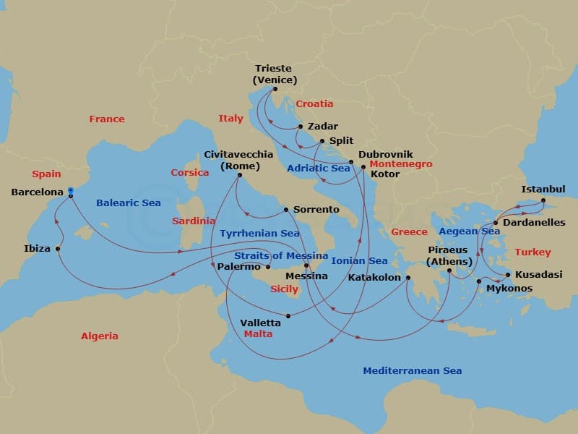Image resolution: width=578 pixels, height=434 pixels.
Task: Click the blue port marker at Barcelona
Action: (x=71, y=192)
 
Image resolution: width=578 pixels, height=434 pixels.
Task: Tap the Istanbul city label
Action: (x=543, y=190)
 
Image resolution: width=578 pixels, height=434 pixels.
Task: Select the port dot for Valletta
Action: (x=288, y=315)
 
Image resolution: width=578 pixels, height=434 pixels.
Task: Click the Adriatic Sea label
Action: (x=319, y=168)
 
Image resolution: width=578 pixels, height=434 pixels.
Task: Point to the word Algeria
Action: (x=100, y=336)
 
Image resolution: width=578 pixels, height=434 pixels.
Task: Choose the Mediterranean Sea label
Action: (x=412, y=370)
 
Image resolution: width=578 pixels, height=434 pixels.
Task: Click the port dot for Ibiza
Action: (x=58, y=248)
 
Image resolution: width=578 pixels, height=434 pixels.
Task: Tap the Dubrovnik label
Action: (x=385, y=154)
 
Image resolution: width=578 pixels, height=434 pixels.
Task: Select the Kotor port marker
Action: (x=363, y=167)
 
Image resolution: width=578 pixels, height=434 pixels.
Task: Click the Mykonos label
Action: (x=509, y=288)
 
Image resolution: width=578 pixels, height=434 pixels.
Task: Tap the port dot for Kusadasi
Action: (x=508, y=275)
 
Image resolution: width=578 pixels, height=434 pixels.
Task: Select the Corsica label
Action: (x=189, y=172)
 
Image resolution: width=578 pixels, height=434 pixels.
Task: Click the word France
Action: (x=107, y=119)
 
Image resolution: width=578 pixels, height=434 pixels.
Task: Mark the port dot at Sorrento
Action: (x=286, y=210)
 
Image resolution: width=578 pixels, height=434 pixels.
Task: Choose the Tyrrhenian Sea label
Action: (x=259, y=234)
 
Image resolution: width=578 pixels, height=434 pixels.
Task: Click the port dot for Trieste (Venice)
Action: (x=275, y=89)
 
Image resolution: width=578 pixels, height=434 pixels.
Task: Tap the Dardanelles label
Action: (x=535, y=222)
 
